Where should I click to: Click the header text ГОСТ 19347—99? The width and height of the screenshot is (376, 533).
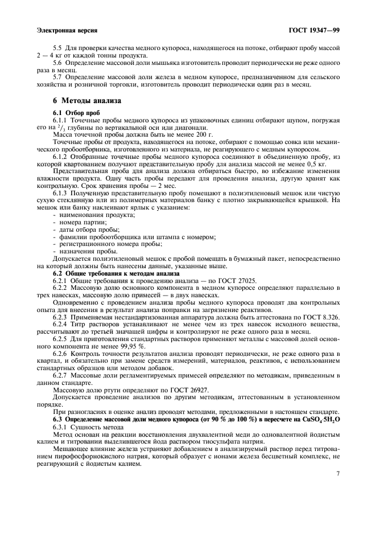(x=312, y=29)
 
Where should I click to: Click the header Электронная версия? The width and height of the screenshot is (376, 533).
(x=66, y=29)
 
